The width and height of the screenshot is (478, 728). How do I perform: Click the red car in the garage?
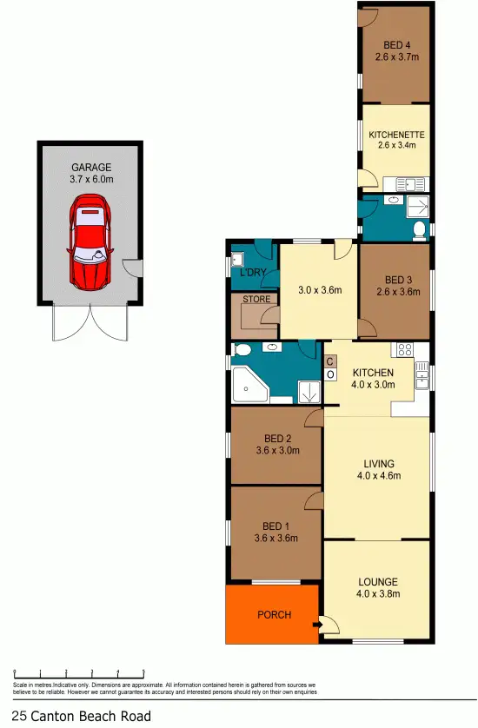point(90,242)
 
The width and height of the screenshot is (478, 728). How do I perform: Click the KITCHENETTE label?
point(395,135)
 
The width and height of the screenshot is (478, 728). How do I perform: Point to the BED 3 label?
point(395,280)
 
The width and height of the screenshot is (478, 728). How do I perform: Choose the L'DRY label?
point(251,273)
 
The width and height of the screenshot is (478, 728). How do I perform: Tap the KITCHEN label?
point(373,373)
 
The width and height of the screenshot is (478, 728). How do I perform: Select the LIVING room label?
point(378,463)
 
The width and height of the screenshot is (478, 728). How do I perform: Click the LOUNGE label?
point(377,581)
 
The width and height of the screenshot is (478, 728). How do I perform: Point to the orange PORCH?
point(272,614)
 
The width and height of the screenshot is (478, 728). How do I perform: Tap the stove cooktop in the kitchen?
point(404,350)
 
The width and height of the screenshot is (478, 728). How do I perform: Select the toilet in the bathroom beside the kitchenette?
point(419,230)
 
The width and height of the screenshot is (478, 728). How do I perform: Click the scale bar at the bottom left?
point(78,672)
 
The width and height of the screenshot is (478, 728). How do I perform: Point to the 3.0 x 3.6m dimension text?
point(318,289)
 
